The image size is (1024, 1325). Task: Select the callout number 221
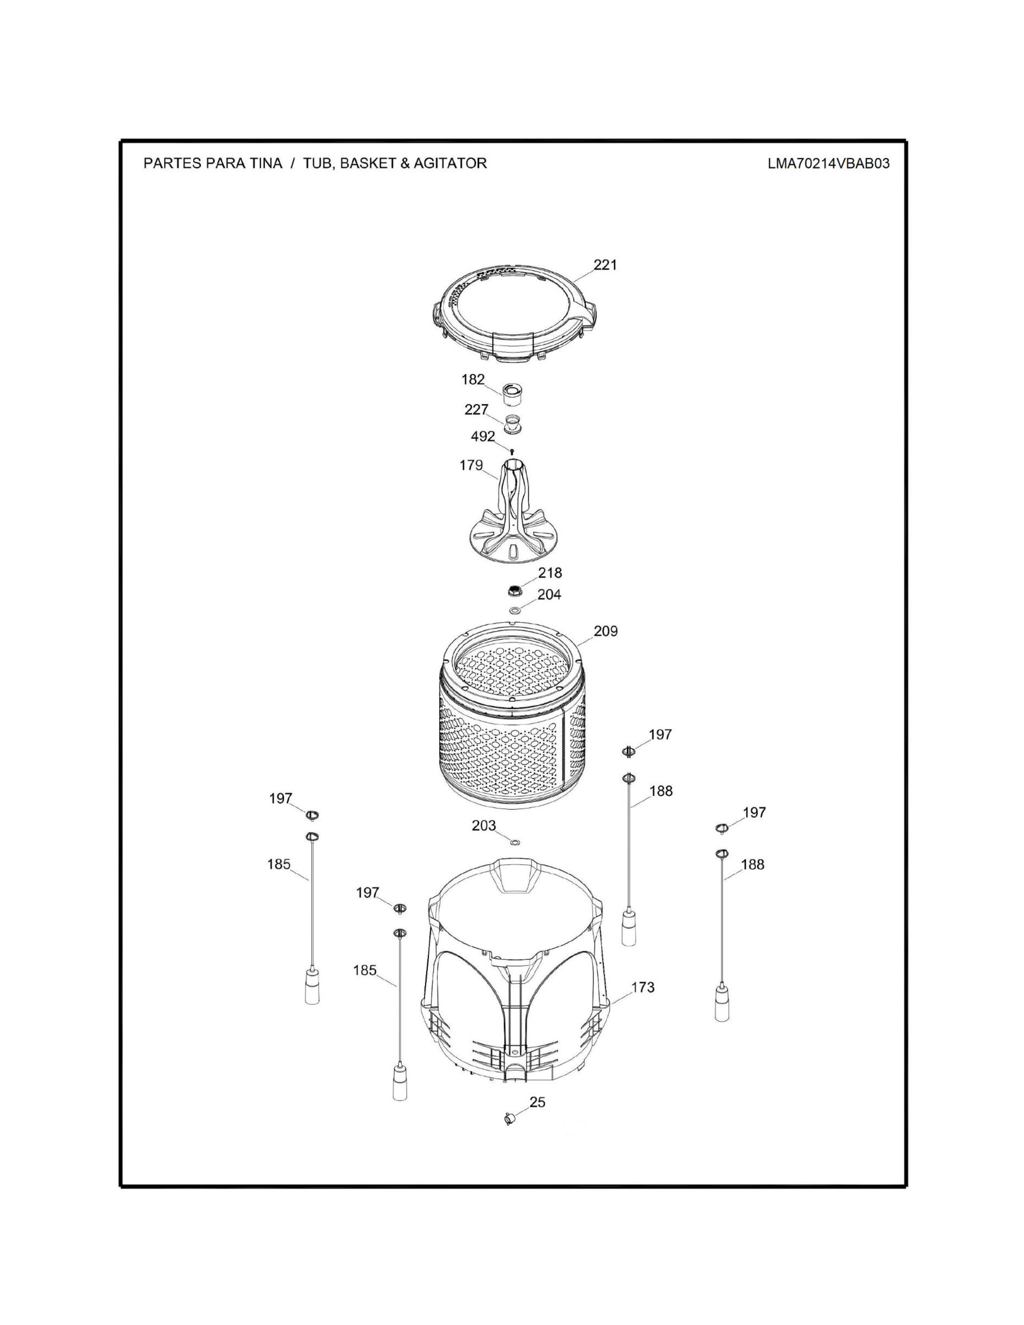(x=606, y=265)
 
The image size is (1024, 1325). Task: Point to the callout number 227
(x=477, y=410)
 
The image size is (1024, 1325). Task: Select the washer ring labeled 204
(x=514, y=610)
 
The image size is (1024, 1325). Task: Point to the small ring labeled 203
(x=516, y=843)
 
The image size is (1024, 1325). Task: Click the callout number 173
(x=643, y=987)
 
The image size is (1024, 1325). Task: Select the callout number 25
(x=537, y=1102)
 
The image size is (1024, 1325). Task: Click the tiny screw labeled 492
(x=513, y=451)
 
